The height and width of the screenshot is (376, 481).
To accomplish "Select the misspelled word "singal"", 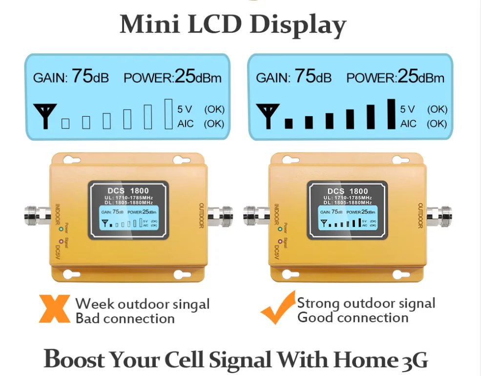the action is (188, 304).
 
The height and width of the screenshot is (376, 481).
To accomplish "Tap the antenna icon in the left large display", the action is (44, 116).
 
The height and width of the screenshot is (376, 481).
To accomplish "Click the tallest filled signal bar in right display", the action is (391, 114).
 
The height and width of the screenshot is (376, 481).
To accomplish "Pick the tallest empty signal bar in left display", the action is (168, 114).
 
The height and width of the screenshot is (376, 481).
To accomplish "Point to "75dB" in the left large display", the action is (90, 77).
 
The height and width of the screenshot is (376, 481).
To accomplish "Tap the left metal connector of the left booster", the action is (37, 214).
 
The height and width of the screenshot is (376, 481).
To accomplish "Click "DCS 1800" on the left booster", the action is (128, 191).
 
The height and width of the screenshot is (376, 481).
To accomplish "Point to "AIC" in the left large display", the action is (185, 124).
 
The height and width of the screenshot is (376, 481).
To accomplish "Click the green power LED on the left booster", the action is (61, 228).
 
